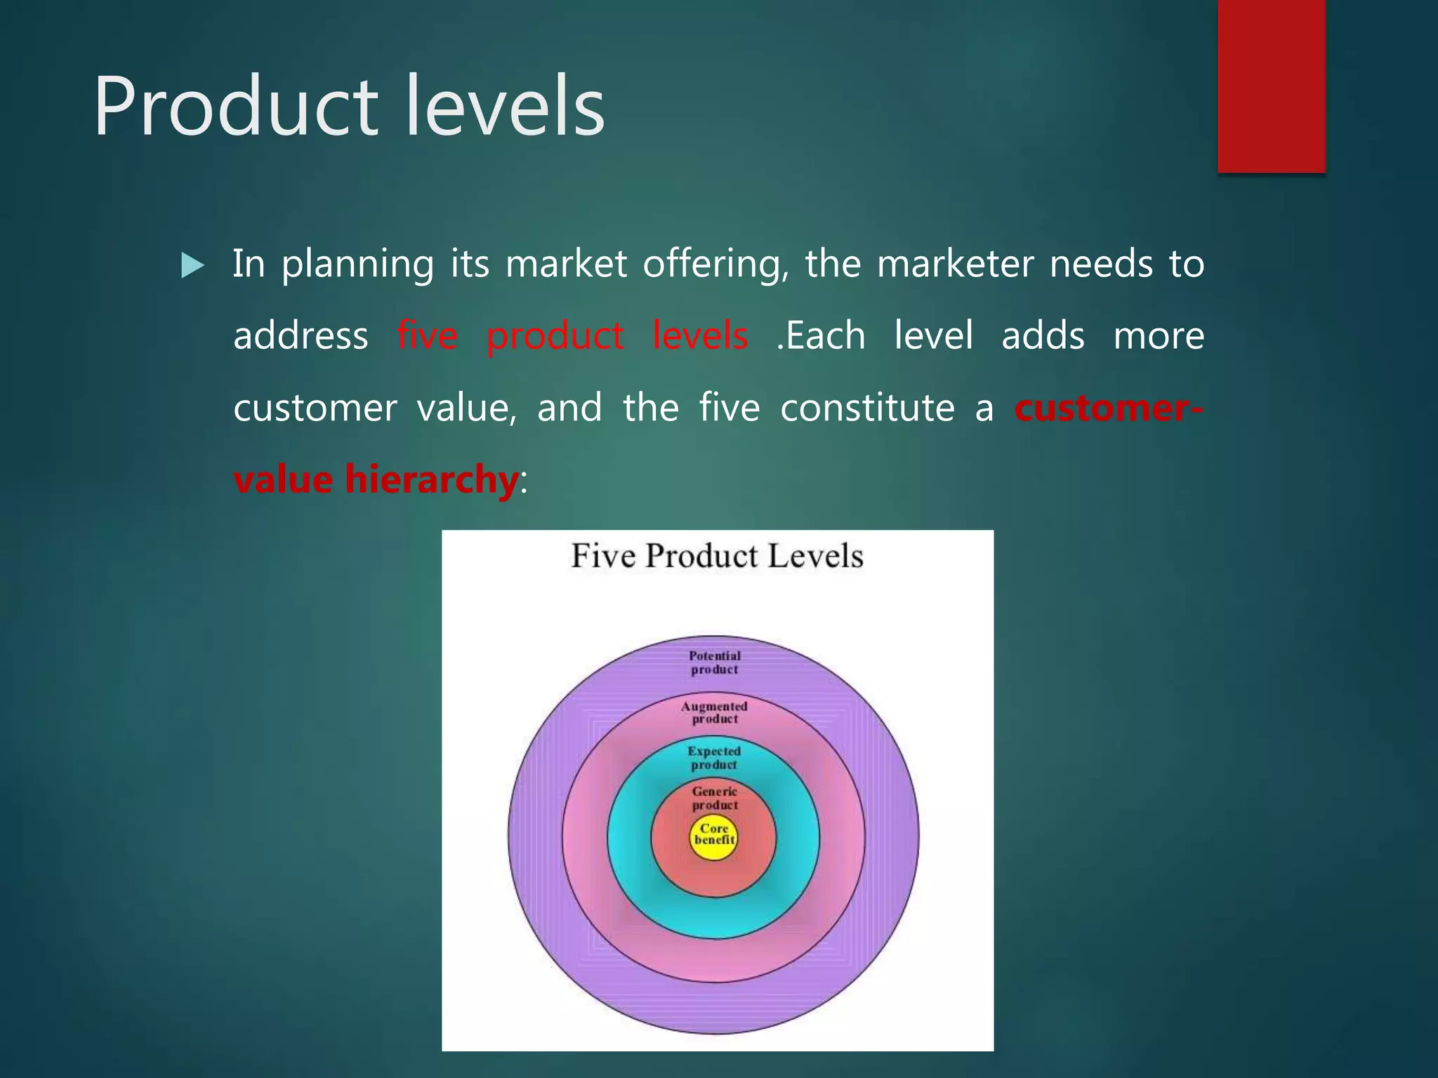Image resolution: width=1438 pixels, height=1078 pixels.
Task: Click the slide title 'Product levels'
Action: (349, 107)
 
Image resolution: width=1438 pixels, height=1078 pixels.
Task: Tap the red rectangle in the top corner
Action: (1271, 86)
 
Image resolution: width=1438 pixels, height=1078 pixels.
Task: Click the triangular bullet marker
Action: (192, 266)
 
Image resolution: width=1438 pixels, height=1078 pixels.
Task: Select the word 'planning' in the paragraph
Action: (357, 265)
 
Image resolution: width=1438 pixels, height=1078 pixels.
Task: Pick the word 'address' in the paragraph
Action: (301, 335)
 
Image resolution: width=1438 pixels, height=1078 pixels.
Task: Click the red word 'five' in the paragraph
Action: (427, 335)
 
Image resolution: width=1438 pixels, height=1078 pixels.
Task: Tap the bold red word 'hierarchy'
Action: (431, 479)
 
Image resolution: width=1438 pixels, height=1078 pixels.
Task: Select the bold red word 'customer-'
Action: (1109, 408)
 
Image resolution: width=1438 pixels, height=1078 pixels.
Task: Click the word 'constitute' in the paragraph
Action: (867, 408)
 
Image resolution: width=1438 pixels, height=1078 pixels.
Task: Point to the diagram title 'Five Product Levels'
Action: (717, 556)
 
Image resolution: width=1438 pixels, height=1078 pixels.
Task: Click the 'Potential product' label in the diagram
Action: (715, 663)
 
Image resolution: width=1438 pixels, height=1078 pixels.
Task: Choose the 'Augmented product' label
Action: (715, 712)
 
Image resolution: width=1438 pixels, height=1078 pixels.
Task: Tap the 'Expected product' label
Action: (714, 758)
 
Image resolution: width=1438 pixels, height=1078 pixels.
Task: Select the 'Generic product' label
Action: (715, 798)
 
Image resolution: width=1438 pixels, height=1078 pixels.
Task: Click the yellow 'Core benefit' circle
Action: (714, 837)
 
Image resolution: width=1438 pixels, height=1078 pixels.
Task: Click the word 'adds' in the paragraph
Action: (1043, 335)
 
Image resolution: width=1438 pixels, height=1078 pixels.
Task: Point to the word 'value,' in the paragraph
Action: (467, 408)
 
